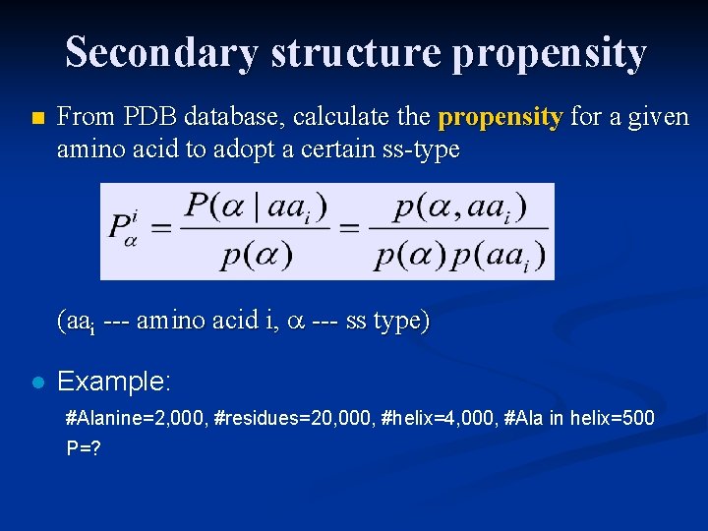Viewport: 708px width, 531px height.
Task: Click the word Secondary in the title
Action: [162, 52]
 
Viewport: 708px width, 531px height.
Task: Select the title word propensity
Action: [549, 52]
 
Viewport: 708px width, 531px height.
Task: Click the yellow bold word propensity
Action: [501, 118]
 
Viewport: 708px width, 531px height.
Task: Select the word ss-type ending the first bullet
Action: [422, 149]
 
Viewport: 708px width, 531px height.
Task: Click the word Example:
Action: [115, 382]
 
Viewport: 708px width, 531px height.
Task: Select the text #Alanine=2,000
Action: [135, 418]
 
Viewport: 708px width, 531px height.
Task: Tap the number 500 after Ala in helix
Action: [637, 418]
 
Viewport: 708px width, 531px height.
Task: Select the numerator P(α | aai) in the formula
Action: [256, 208]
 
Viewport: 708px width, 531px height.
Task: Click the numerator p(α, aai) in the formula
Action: [460, 208]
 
